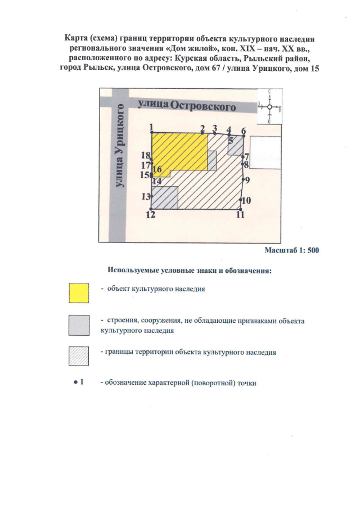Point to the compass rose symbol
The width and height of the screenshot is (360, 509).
click(269, 106)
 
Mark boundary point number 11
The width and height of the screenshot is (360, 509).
click(241, 209)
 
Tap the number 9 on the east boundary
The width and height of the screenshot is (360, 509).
click(247, 179)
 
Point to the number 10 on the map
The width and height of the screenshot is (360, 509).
click(246, 200)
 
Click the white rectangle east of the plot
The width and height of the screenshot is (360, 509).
click(266, 152)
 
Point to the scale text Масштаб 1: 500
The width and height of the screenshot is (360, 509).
click(292, 251)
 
